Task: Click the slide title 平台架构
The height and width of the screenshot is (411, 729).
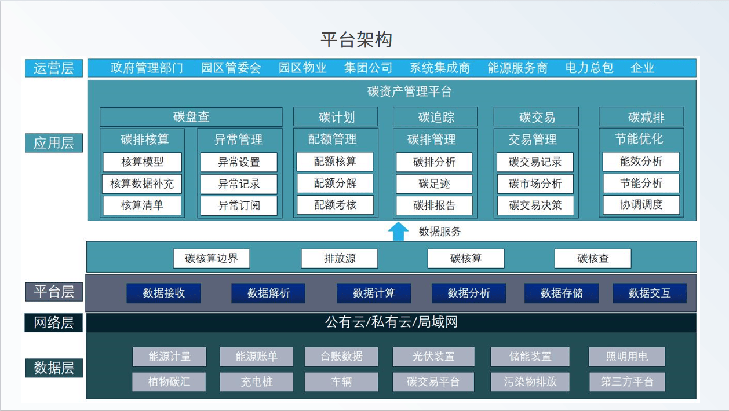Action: [356, 40]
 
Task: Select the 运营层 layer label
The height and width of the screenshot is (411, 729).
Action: [54, 68]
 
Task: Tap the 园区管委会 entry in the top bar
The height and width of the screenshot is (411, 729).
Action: [231, 68]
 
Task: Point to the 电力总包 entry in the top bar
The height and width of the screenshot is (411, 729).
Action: [589, 68]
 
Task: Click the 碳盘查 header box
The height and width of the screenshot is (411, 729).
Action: [191, 117]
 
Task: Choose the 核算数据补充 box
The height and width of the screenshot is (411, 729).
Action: [142, 184]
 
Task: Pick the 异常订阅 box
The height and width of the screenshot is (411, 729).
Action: [239, 205]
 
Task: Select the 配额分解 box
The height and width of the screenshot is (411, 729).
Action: [335, 184]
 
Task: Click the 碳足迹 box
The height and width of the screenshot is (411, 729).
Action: [434, 184]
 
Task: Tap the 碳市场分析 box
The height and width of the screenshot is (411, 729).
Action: [535, 184]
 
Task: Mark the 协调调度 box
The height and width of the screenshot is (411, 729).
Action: [641, 205]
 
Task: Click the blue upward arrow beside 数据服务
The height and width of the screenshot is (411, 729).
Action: [398, 232]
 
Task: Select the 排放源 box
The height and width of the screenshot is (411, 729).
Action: [340, 259]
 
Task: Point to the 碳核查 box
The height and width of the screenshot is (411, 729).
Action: [593, 259]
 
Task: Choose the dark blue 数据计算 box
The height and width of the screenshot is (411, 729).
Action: [374, 293]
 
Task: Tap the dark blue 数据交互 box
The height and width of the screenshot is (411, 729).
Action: [650, 293]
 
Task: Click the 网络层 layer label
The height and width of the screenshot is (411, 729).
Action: [54, 322]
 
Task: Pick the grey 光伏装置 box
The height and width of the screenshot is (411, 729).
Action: [433, 357]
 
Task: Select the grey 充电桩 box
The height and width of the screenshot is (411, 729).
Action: [257, 381]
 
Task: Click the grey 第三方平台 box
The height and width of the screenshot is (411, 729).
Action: [627, 381]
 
